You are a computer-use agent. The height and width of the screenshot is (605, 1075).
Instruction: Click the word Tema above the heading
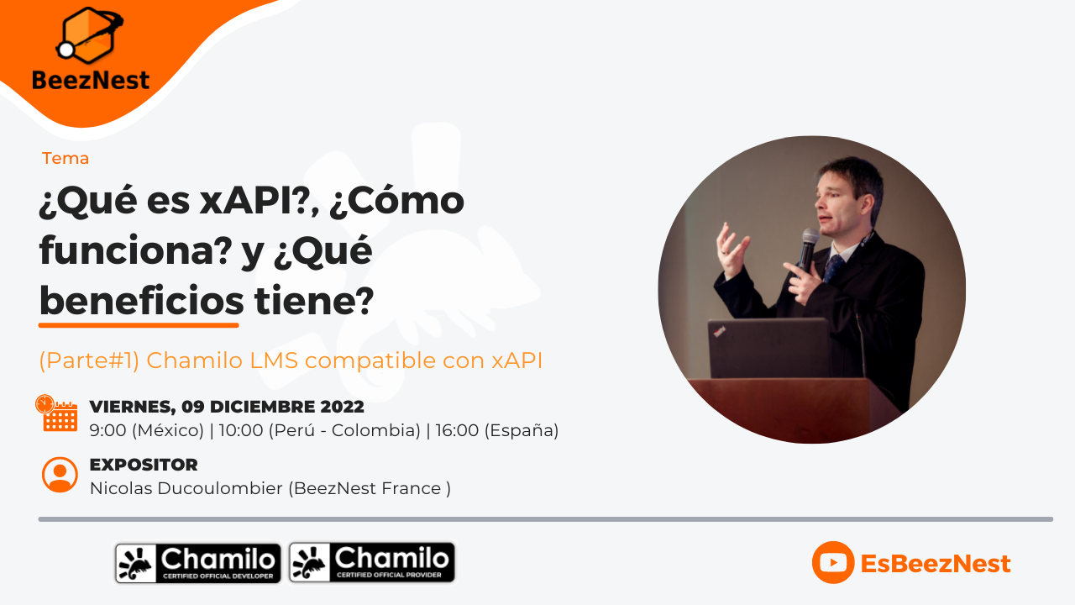(66, 158)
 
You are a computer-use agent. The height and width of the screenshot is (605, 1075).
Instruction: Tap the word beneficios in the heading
(141, 300)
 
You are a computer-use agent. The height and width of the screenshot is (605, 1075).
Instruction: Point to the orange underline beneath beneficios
(139, 324)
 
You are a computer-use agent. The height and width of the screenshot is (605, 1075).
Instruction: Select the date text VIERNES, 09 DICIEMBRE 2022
(227, 407)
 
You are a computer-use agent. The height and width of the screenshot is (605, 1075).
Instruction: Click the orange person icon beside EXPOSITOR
(60, 474)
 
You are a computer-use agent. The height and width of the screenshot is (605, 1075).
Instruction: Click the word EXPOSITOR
(144, 465)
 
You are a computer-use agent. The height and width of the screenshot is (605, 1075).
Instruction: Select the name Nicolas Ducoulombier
(186, 488)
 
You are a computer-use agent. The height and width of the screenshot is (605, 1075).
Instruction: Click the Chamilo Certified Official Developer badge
(198, 563)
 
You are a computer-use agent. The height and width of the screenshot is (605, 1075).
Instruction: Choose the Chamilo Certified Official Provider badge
(372, 562)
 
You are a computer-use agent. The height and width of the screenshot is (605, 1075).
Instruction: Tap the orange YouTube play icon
(832, 563)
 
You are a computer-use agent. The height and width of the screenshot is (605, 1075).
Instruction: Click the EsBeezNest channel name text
(936, 564)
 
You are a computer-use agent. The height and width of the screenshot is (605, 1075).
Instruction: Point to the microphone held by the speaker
(808, 245)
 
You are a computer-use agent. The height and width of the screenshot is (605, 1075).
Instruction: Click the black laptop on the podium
(769, 348)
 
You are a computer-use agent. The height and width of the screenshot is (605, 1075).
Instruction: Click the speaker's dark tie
(832, 269)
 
